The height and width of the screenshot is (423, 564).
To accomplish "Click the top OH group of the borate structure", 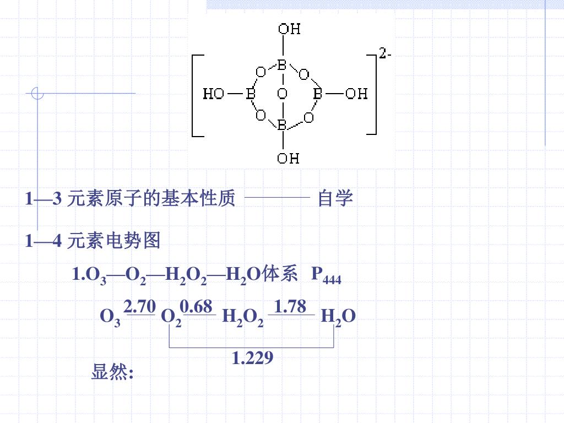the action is pyautogui.click(x=289, y=29).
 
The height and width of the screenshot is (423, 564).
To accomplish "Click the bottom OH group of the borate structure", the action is pyautogui.click(x=288, y=159).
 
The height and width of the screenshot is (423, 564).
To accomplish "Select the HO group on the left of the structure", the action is pyautogui.click(x=214, y=94).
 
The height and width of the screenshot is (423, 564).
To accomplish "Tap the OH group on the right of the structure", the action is pyautogui.click(x=356, y=94).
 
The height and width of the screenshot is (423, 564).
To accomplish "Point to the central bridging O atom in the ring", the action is pyautogui.click(x=282, y=94).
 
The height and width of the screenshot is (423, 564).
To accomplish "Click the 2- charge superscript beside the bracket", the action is pyautogui.click(x=386, y=54).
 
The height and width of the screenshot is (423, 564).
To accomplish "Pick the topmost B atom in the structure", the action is pyautogui.click(x=281, y=65).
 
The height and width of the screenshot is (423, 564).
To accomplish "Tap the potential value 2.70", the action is pyautogui.click(x=140, y=306).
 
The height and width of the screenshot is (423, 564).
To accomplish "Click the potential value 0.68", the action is pyautogui.click(x=196, y=306).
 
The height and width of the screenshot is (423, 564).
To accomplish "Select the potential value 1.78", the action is pyautogui.click(x=290, y=306).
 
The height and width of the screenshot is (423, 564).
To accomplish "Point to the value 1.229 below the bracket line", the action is pyautogui.click(x=252, y=358).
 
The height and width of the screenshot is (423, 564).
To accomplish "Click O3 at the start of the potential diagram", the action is pyautogui.click(x=110, y=318).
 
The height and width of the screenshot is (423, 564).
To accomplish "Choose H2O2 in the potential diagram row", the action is pyautogui.click(x=242, y=318).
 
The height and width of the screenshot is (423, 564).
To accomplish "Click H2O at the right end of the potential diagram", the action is pyautogui.click(x=338, y=317).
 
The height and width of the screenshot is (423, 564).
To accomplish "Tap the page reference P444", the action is pyautogui.click(x=326, y=275).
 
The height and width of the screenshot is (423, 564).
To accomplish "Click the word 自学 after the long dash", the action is pyautogui.click(x=335, y=198).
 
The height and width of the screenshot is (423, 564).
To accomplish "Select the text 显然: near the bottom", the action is pyautogui.click(x=112, y=373).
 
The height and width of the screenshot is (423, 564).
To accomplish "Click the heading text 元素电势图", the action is pyautogui.click(x=113, y=241).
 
